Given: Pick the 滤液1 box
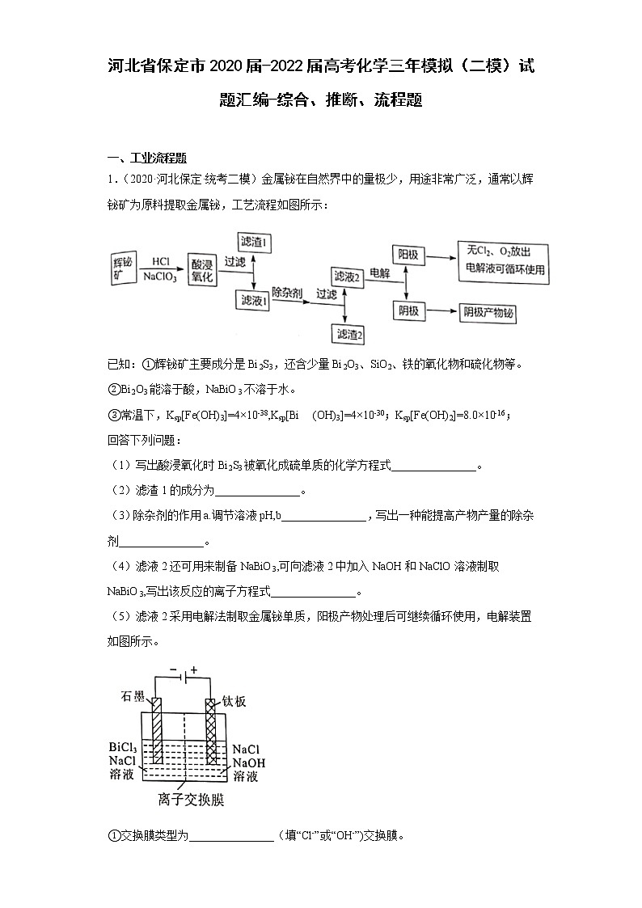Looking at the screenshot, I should (254, 299).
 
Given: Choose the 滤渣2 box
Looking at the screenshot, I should (349, 332).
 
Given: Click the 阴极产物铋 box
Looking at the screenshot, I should (488, 313).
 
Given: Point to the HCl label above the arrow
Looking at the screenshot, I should (160, 260).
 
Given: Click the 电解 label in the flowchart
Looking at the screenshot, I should (380, 273).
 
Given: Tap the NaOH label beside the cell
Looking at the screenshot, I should (249, 762).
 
